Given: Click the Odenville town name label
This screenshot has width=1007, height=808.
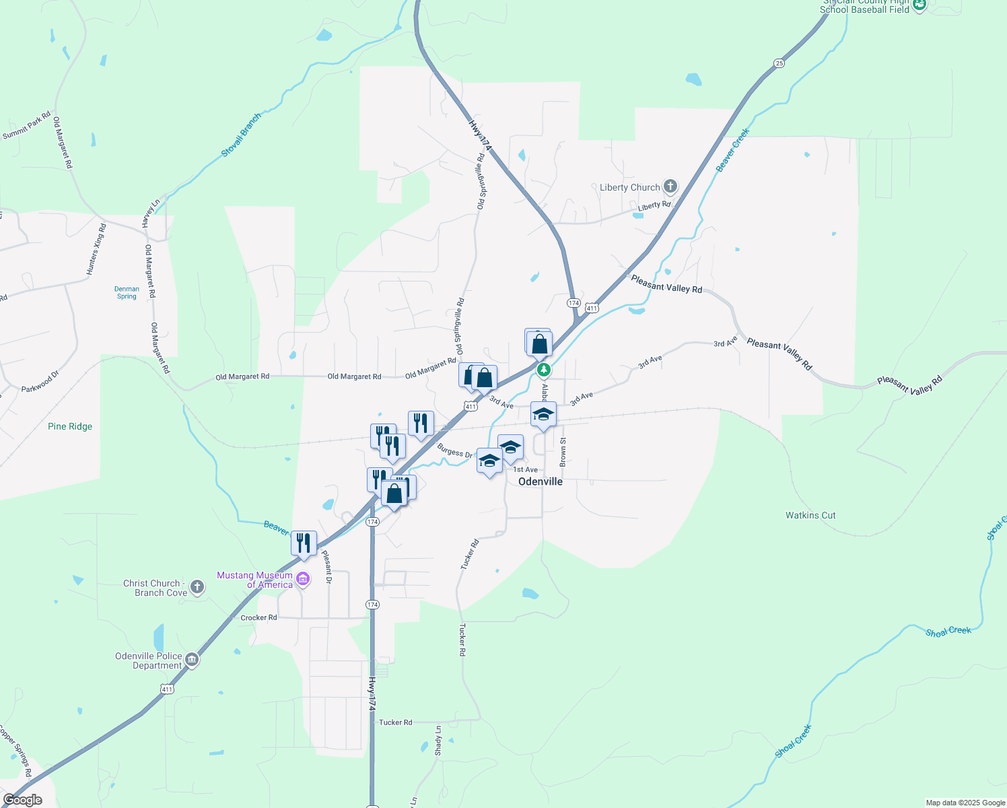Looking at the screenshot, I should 541,481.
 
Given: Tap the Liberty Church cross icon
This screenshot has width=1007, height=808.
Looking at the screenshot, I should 670,187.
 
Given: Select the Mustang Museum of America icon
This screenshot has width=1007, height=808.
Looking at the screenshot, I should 303,579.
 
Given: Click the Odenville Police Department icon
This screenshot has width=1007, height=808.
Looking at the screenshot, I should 192,659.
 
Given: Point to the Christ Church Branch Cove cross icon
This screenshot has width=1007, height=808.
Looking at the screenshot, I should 197,587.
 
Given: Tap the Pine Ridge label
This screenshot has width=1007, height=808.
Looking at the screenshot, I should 70,426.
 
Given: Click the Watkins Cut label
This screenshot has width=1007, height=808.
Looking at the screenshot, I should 810,515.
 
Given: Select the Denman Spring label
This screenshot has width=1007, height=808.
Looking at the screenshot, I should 127,292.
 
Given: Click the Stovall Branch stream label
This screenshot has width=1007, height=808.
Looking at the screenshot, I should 241,136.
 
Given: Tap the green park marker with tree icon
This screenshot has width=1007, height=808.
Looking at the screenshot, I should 544,370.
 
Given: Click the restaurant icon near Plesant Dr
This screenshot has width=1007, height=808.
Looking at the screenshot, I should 304,543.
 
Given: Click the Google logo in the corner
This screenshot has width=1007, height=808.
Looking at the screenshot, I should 22,800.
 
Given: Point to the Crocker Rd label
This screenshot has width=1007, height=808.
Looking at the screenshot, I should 258,617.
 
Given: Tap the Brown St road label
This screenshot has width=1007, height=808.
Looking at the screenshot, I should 563,452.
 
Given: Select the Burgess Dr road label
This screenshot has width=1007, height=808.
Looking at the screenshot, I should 454,450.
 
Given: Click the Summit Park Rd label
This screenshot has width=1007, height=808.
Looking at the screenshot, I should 27,126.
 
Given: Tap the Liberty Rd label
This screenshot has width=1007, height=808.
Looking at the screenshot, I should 654,205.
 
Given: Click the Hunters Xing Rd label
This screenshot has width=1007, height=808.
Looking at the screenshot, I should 96,249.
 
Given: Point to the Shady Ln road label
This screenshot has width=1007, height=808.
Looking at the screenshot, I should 438,739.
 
